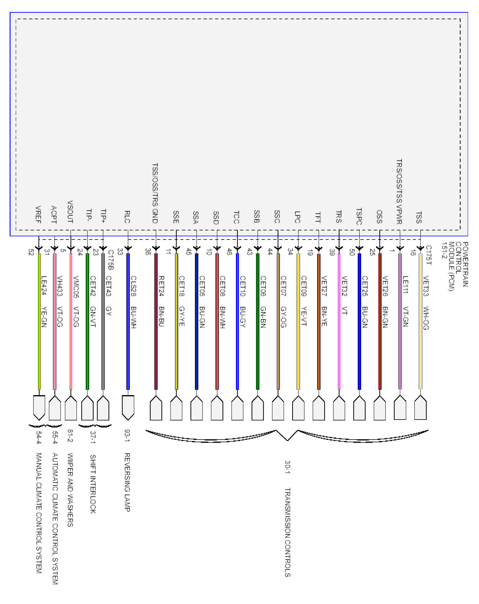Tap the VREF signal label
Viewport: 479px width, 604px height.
point(38,215)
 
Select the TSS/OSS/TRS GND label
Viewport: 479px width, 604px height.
point(155,193)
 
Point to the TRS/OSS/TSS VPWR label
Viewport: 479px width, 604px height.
point(399,192)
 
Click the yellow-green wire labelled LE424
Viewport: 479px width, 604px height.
point(39,322)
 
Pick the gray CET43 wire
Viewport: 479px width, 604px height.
point(103,322)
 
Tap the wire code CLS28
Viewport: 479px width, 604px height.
point(134,286)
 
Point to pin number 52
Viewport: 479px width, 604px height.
point(31,252)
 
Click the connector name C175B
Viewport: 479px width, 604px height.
point(110,260)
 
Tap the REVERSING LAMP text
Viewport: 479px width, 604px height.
point(127,482)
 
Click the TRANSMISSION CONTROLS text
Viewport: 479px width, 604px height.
point(287,532)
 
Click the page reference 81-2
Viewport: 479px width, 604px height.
point(70,436)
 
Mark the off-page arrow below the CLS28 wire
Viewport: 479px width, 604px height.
point(128,407)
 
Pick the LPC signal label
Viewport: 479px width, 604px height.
point(298,217)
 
